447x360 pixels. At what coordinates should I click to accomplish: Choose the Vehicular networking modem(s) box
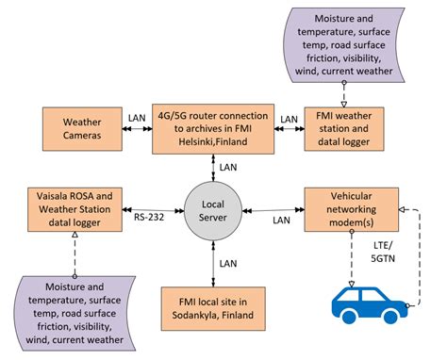pos(345,206)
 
